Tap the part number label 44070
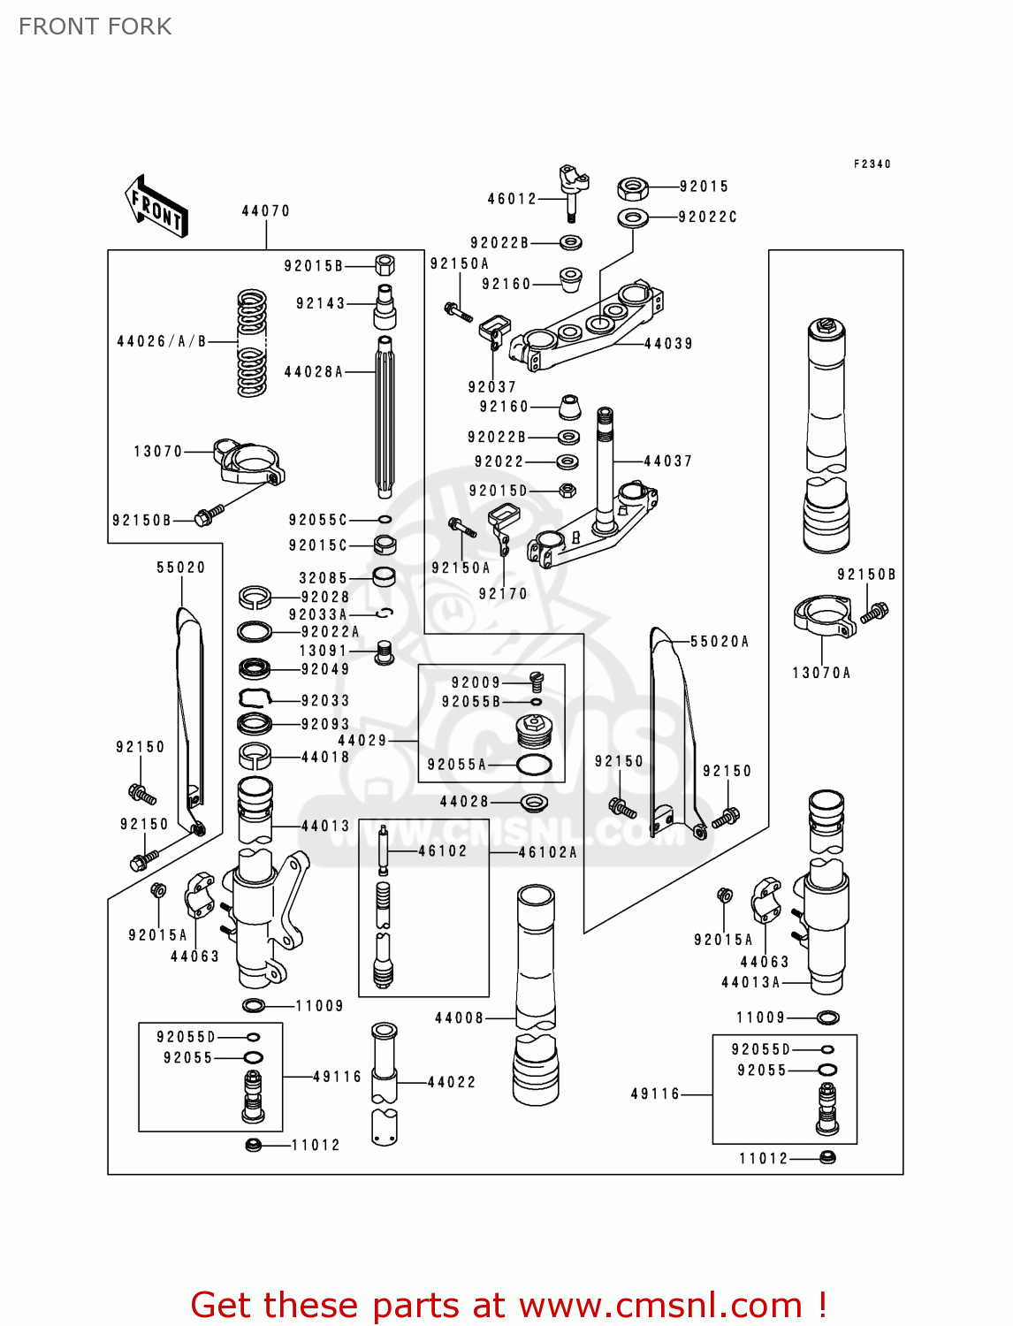[265, 211]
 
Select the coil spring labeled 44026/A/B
[252, 343]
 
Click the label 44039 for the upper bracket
[668, 344]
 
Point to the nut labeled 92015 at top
[633, 187]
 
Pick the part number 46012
[512, 199]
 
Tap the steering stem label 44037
[667, 461]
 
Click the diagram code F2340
[872, 164]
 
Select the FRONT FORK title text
[95, 27]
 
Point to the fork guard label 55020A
[719, 642]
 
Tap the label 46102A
[547, 852]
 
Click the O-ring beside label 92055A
[534, 765]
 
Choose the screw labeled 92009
[536, 681]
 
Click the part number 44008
[459, 1018]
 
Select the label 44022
[451, 1082]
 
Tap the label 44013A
[750, 982]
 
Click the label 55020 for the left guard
[180, 568]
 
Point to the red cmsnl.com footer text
[508, 1305]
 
